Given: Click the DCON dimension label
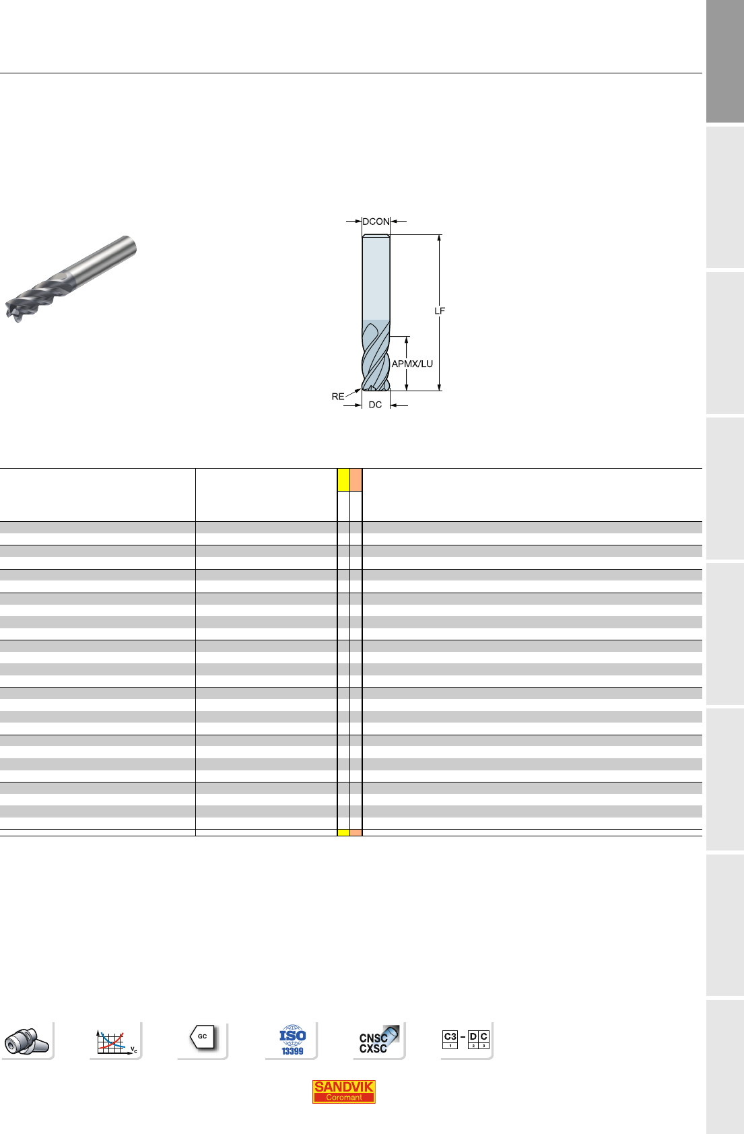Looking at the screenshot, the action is (376, 222).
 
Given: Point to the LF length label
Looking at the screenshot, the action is (440, 311).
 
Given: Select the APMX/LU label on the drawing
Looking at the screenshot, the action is (413, 364).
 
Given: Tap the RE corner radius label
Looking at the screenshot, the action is (338, 397).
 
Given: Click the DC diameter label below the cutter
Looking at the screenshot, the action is (375, 405).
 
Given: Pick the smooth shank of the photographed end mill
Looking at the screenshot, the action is (101, 261).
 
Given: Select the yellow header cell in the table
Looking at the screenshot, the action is (343, 480).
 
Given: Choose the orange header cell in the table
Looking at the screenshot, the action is (356, 480).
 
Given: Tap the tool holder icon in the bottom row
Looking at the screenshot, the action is (27, 1041).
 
